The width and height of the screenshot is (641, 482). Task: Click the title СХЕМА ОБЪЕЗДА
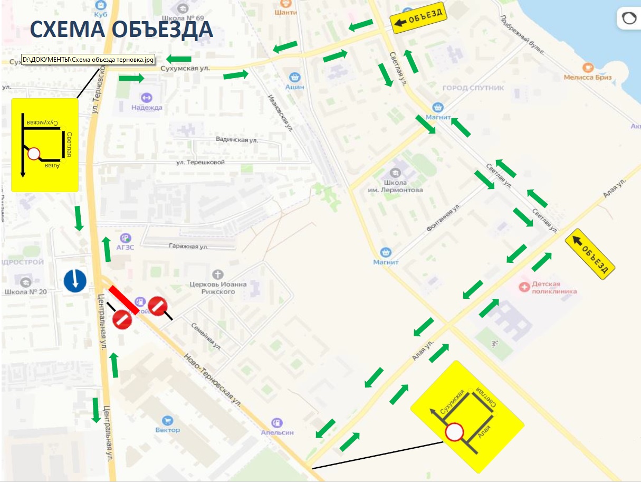coord(121,30)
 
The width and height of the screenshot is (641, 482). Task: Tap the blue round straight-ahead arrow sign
coord(75,280)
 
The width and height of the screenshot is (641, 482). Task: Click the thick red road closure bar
coord(125,300)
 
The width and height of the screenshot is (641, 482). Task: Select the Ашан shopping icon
coord(294,77)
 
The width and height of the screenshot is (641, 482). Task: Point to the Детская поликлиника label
coord(554,287)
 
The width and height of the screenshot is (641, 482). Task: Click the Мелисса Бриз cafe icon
coord(587,68)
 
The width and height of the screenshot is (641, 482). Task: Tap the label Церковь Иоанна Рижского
coord(218,288)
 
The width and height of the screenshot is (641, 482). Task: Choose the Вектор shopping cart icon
coord(168,420)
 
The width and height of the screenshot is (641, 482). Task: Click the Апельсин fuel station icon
coord(277,422)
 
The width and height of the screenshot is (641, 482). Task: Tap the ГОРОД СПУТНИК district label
coord(473,88)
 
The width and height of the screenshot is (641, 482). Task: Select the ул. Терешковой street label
coord(200,162)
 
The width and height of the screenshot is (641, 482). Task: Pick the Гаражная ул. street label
coord(188,247)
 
